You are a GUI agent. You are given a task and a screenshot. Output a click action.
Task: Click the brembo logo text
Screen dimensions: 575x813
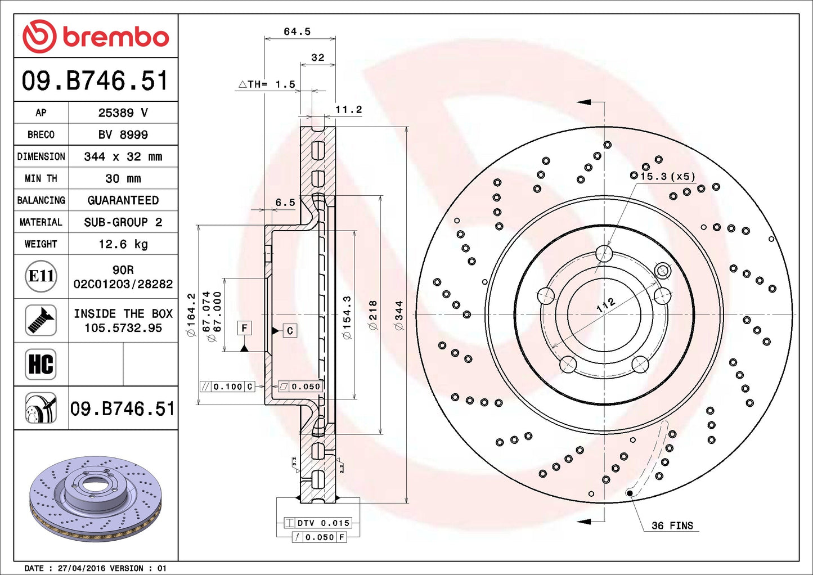pos(115,37)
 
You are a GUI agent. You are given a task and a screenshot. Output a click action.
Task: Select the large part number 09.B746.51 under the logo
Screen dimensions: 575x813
pos(95,81)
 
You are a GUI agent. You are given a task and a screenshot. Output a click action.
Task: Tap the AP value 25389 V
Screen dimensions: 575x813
pos(123,113)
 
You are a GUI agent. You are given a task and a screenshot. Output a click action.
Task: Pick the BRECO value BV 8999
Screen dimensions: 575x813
pos(123,134)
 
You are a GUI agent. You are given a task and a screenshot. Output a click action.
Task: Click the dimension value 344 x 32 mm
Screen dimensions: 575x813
pos(123,156)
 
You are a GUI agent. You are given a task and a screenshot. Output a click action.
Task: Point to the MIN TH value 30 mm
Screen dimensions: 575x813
pos(123,178)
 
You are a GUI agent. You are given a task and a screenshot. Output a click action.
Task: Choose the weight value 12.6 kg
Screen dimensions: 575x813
pos(123,244)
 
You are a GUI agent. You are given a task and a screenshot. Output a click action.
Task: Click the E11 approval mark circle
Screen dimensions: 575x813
pos(41,276)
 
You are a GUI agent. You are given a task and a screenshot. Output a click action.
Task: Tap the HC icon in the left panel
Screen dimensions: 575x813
pos(41,364)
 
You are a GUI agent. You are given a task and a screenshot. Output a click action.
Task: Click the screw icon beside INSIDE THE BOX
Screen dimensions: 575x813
pos(41,320)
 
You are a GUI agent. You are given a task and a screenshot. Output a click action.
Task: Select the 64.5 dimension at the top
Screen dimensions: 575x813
pos(297,32)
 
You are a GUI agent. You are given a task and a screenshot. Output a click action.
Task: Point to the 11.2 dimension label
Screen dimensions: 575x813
pos(348,110)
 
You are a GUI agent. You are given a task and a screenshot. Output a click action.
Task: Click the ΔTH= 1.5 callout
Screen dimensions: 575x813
pos(267,84)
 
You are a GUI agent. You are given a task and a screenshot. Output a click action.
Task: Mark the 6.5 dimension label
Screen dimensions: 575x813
pos(285,203)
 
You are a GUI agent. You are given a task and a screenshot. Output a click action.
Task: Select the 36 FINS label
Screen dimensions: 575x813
pos(672,525)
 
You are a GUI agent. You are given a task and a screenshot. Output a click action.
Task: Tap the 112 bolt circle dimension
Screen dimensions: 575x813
pos(606,306)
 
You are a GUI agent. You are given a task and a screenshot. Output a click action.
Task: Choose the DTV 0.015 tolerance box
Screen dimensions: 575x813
pos(318,523)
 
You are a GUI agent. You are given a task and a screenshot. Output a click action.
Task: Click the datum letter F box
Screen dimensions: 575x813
pos(244,328)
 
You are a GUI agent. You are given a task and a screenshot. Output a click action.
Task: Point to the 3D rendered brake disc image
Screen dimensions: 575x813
pos(95,498)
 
